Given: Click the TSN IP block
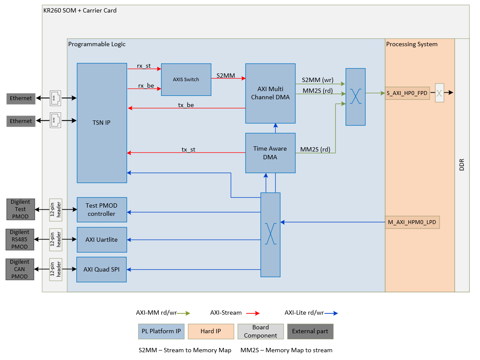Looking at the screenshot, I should coord(102,123).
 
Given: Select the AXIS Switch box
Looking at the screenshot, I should coord(186,79).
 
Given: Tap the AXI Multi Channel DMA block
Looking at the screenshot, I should coord(270,93).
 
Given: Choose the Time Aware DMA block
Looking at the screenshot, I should coord(270,153).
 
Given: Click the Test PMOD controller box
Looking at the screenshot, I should coord(102,210).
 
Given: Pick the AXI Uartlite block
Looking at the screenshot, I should coord(102,240).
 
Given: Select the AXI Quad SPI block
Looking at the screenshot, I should coord(102,269).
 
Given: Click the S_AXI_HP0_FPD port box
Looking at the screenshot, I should coord(407,93).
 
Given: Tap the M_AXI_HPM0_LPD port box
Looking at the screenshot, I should coord(412,222).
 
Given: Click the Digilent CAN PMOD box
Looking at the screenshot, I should coord(20,269).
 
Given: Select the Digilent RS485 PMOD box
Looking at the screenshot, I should coord(20,240).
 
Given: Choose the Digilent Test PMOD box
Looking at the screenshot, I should coord(20,209).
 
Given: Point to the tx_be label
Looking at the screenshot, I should coord(186,105).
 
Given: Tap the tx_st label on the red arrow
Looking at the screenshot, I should coord(188,149).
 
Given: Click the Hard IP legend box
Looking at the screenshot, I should coord(211,332).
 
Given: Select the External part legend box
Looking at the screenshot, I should coord(310,332).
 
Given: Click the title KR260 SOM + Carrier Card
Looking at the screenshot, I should coord(80,10).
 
